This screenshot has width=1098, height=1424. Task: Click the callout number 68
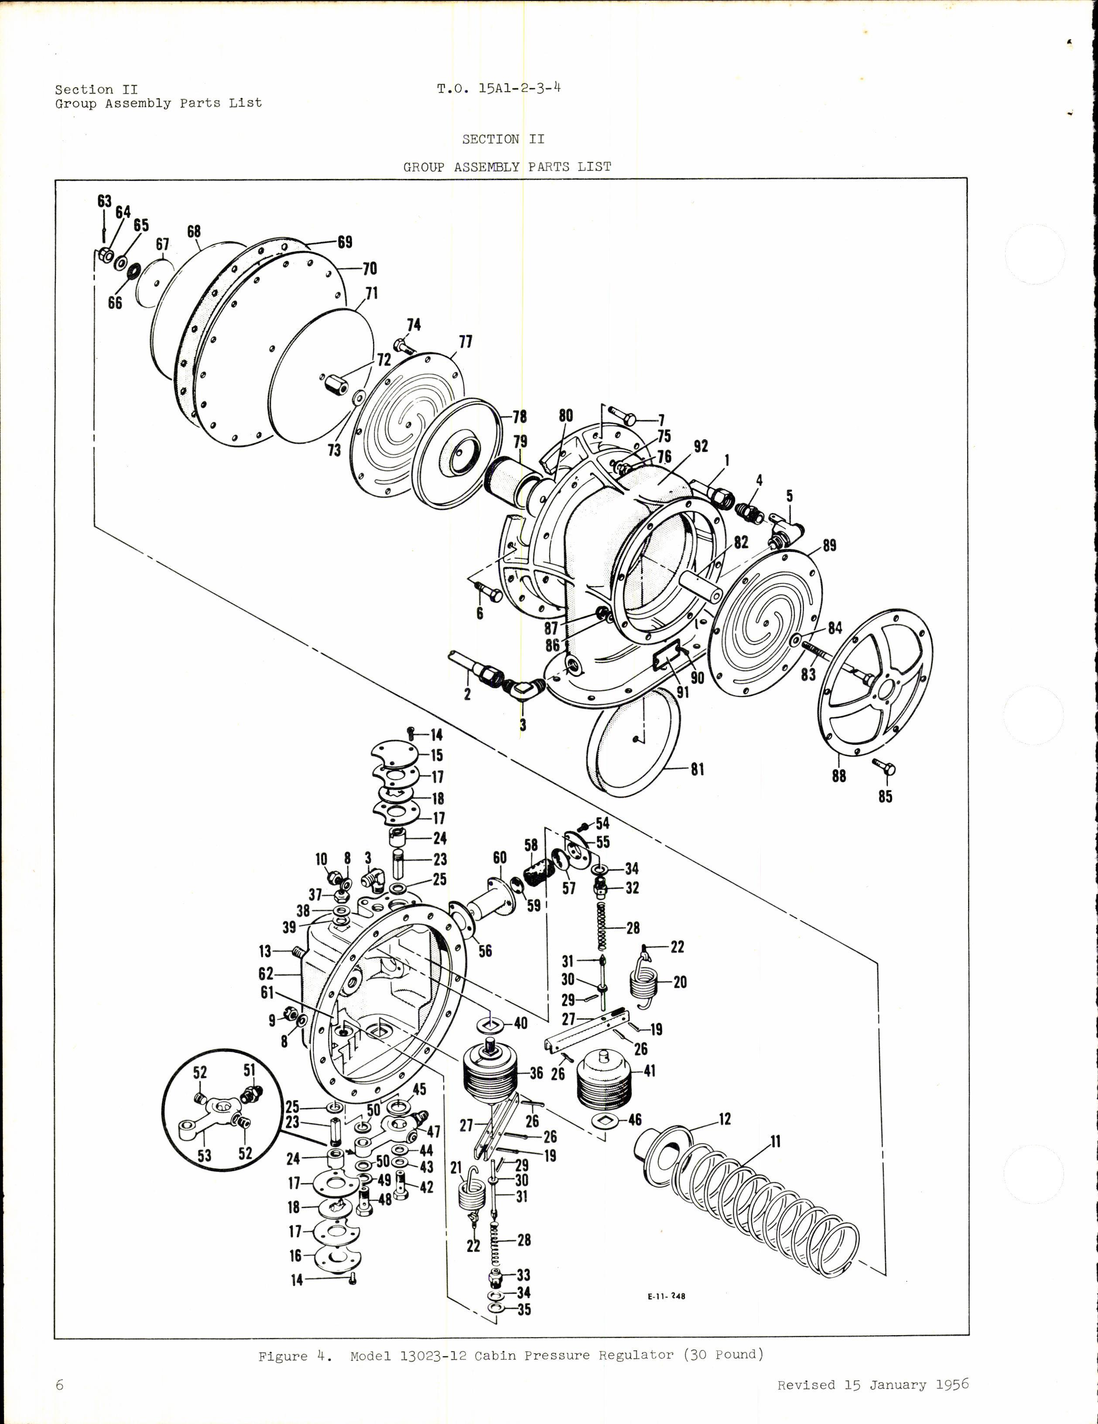click(194, 232)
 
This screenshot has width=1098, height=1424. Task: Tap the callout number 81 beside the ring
click(698, 770)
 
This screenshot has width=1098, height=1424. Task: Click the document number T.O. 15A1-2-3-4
click(499, 88)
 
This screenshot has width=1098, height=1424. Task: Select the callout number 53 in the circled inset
click(204, 1155)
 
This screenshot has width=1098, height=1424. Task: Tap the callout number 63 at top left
click(104, 201)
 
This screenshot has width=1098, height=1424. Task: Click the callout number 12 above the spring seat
click(725, 1119)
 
